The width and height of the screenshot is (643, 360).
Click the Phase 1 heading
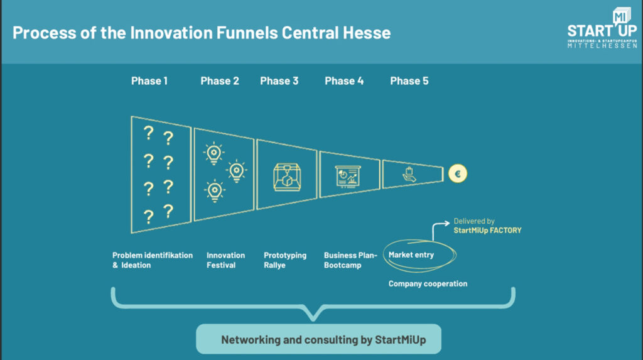[x=149, y=81]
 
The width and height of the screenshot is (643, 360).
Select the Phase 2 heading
[x=220, y=81]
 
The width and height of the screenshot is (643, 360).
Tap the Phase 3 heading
[x=279, y=81]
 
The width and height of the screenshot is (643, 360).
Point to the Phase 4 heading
[x=344, y=81]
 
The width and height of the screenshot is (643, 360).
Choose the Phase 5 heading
[x=409, y=81]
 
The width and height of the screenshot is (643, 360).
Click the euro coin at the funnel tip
[x=458, y=173]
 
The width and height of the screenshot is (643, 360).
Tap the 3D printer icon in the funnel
[x=286, y=175]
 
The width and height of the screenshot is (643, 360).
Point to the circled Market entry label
[x=411, y=255]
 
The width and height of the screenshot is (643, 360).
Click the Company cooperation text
[x=428, y=284]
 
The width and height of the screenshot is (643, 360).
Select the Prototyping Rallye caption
[x=285, y=260]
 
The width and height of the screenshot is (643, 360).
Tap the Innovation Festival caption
[x=225, y=260]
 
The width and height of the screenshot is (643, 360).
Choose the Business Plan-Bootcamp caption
[x=350, y=260]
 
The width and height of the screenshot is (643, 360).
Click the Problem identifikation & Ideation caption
[x=152, y=260]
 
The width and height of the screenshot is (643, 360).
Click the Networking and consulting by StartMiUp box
[x=318, y=340]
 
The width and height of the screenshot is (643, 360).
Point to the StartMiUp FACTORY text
[x=487, y=231]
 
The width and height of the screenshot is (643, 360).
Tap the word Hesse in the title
[x=367, y=33]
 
